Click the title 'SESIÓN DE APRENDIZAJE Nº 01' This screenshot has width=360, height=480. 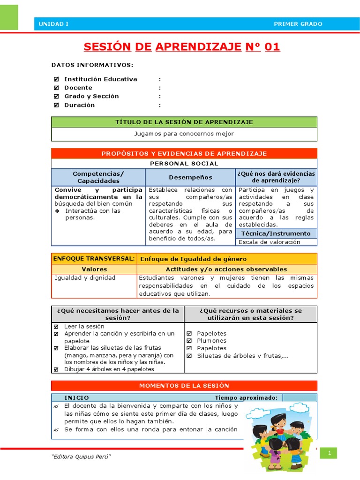coord(182,47)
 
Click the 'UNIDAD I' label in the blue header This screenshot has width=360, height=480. coord(53,24)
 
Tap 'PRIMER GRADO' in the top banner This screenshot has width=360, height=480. coord(298,24)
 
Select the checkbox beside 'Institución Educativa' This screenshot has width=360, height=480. coord(56,79)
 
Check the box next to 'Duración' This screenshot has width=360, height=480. coord(56,105)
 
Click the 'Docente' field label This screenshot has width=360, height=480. coord(78,88)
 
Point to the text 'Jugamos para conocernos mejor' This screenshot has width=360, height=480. coord(184,134)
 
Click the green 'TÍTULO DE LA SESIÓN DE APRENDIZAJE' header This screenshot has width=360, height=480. coord(184,122)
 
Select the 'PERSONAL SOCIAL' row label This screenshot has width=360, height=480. coord(184,164)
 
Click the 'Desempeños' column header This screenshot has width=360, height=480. coord(190,177)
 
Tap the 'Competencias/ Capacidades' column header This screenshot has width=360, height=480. coord(98,177)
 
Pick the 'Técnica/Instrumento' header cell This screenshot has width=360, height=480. coord(276,233)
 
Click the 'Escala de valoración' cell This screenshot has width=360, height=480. coord(270,242)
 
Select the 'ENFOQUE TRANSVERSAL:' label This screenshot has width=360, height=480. coord(94,259)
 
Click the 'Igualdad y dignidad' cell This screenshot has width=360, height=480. coord(85,278)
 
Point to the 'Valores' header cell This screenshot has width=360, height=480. coord(94,269)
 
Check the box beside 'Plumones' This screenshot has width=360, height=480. coord(189,341)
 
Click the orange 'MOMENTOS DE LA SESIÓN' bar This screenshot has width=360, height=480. coord(184,385)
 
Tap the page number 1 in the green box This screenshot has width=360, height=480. coord(330,453)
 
